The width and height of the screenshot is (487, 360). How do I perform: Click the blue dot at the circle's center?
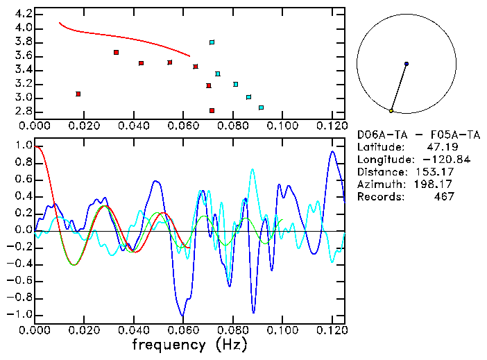407,64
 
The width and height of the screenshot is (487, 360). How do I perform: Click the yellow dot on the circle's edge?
391,111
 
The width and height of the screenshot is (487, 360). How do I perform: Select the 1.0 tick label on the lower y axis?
23,146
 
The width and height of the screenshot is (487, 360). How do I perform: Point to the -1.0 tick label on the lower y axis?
20,315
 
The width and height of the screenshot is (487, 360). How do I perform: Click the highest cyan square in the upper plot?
212,42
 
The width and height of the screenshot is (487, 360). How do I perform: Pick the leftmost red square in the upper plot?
78,94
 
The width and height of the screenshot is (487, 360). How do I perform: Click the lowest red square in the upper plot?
212,110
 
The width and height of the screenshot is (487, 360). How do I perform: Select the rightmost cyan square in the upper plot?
261,108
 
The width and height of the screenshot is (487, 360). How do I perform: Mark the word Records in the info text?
379,197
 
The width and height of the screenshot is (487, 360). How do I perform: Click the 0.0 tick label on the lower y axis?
23,230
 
